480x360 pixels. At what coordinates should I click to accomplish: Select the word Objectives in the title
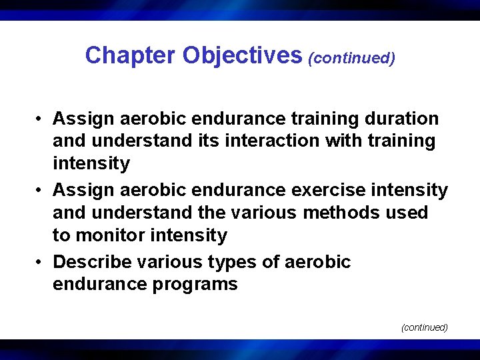242,55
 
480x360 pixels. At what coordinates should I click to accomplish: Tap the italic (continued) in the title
351,58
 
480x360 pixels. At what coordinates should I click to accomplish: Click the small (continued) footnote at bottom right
424,327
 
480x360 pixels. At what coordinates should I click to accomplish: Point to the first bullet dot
41,119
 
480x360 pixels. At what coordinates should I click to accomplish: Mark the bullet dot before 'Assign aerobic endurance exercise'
41,191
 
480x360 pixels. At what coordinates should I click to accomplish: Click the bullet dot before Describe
41,262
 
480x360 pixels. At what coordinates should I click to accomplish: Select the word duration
401,119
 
